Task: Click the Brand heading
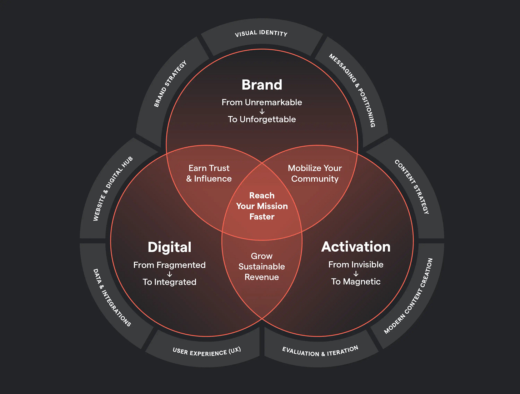coord(262,85)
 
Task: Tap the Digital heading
coord(170,247)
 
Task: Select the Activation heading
coord(356,247)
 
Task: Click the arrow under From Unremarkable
coord(262,111)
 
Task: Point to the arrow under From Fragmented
coord(170,274)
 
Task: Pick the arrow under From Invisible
coord(356,274)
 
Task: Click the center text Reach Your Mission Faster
coord(262,206)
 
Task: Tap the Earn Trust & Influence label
coord(209,173)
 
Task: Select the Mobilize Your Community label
coord(315,173)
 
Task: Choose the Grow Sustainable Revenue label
coord(262,267)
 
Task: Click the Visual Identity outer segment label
coord(261,34)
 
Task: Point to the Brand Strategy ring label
coord(170,84)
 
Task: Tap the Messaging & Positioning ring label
coord(352,91)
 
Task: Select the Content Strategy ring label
coord(412,187)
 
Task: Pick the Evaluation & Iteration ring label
coord(320,351)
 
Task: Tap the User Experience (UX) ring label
coord(206,352)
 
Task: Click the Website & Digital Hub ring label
coord(113,188)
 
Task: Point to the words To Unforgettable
coord(262,120)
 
